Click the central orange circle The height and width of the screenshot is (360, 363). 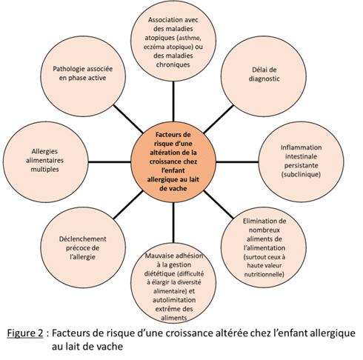(x=173, y=162)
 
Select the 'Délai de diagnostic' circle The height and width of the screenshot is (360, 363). (x=264, y=76)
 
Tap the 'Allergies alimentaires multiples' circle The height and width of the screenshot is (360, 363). (x=45, y=162)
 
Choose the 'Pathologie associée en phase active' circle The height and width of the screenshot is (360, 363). (x=83, y=76)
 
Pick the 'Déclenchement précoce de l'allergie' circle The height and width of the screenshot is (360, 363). (x=83, y=247)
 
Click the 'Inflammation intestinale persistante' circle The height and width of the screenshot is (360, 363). (x=301, y=162)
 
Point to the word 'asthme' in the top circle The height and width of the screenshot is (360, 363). (x=190, y=38)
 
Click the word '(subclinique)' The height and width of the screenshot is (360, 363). (x=301, y=175)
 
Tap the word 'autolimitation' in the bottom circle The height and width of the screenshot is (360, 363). (x=174, y=300)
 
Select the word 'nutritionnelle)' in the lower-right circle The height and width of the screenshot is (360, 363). (x=264, y=274)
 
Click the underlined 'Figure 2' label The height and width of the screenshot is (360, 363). (x=25, y=333)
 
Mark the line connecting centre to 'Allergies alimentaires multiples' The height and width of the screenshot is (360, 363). (x=110, y=162)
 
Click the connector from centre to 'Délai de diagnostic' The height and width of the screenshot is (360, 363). (x=219, y=119)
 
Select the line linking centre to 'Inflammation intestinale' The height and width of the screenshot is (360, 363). (x=237, y=162)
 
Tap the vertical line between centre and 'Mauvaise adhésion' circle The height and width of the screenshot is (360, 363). (x=173, y=223)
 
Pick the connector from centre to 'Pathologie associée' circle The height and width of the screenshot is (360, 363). (x=128, y=119)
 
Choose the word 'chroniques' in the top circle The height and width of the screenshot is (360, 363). (x=173, y=64)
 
